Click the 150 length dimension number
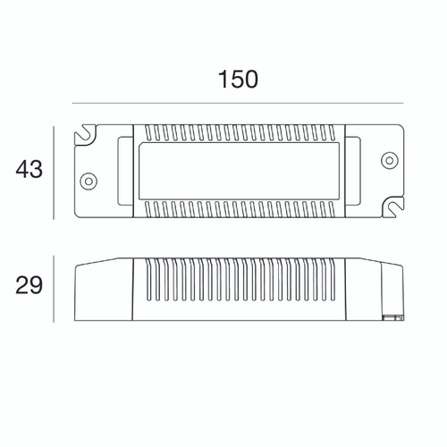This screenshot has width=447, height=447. (238, 80)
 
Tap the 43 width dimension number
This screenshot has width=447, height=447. (29, 170)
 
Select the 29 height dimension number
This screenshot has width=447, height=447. (29, 285)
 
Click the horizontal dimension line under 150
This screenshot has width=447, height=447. (238, 104)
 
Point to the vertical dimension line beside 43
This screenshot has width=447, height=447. (54, 173)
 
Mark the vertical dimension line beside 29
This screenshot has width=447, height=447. (54, 289)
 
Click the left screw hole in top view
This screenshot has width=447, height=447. (89, 181)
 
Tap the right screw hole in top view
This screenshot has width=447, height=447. (390, 160)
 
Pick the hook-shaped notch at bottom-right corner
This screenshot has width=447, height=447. (392, 207)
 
